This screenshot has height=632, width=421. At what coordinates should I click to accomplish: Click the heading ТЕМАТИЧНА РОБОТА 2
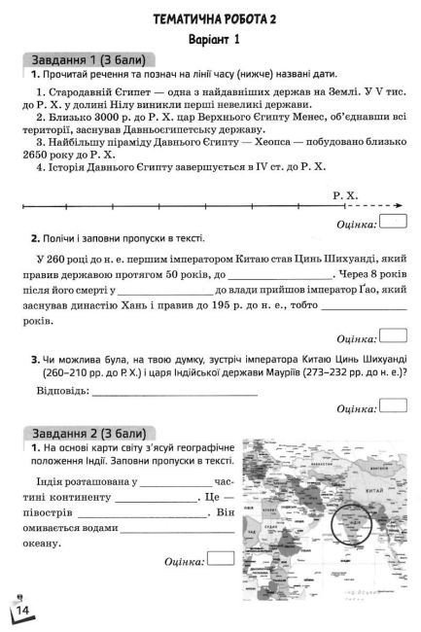[x=209, y=18]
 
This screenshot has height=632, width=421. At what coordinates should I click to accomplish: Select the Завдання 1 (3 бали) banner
[x=87, y=58]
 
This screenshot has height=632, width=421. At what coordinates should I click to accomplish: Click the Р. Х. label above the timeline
[x=345, y=195]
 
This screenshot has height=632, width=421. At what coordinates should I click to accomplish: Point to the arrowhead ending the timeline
[x=403, y=206]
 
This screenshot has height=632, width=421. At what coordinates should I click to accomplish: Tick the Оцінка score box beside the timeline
[x=394, y=224]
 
